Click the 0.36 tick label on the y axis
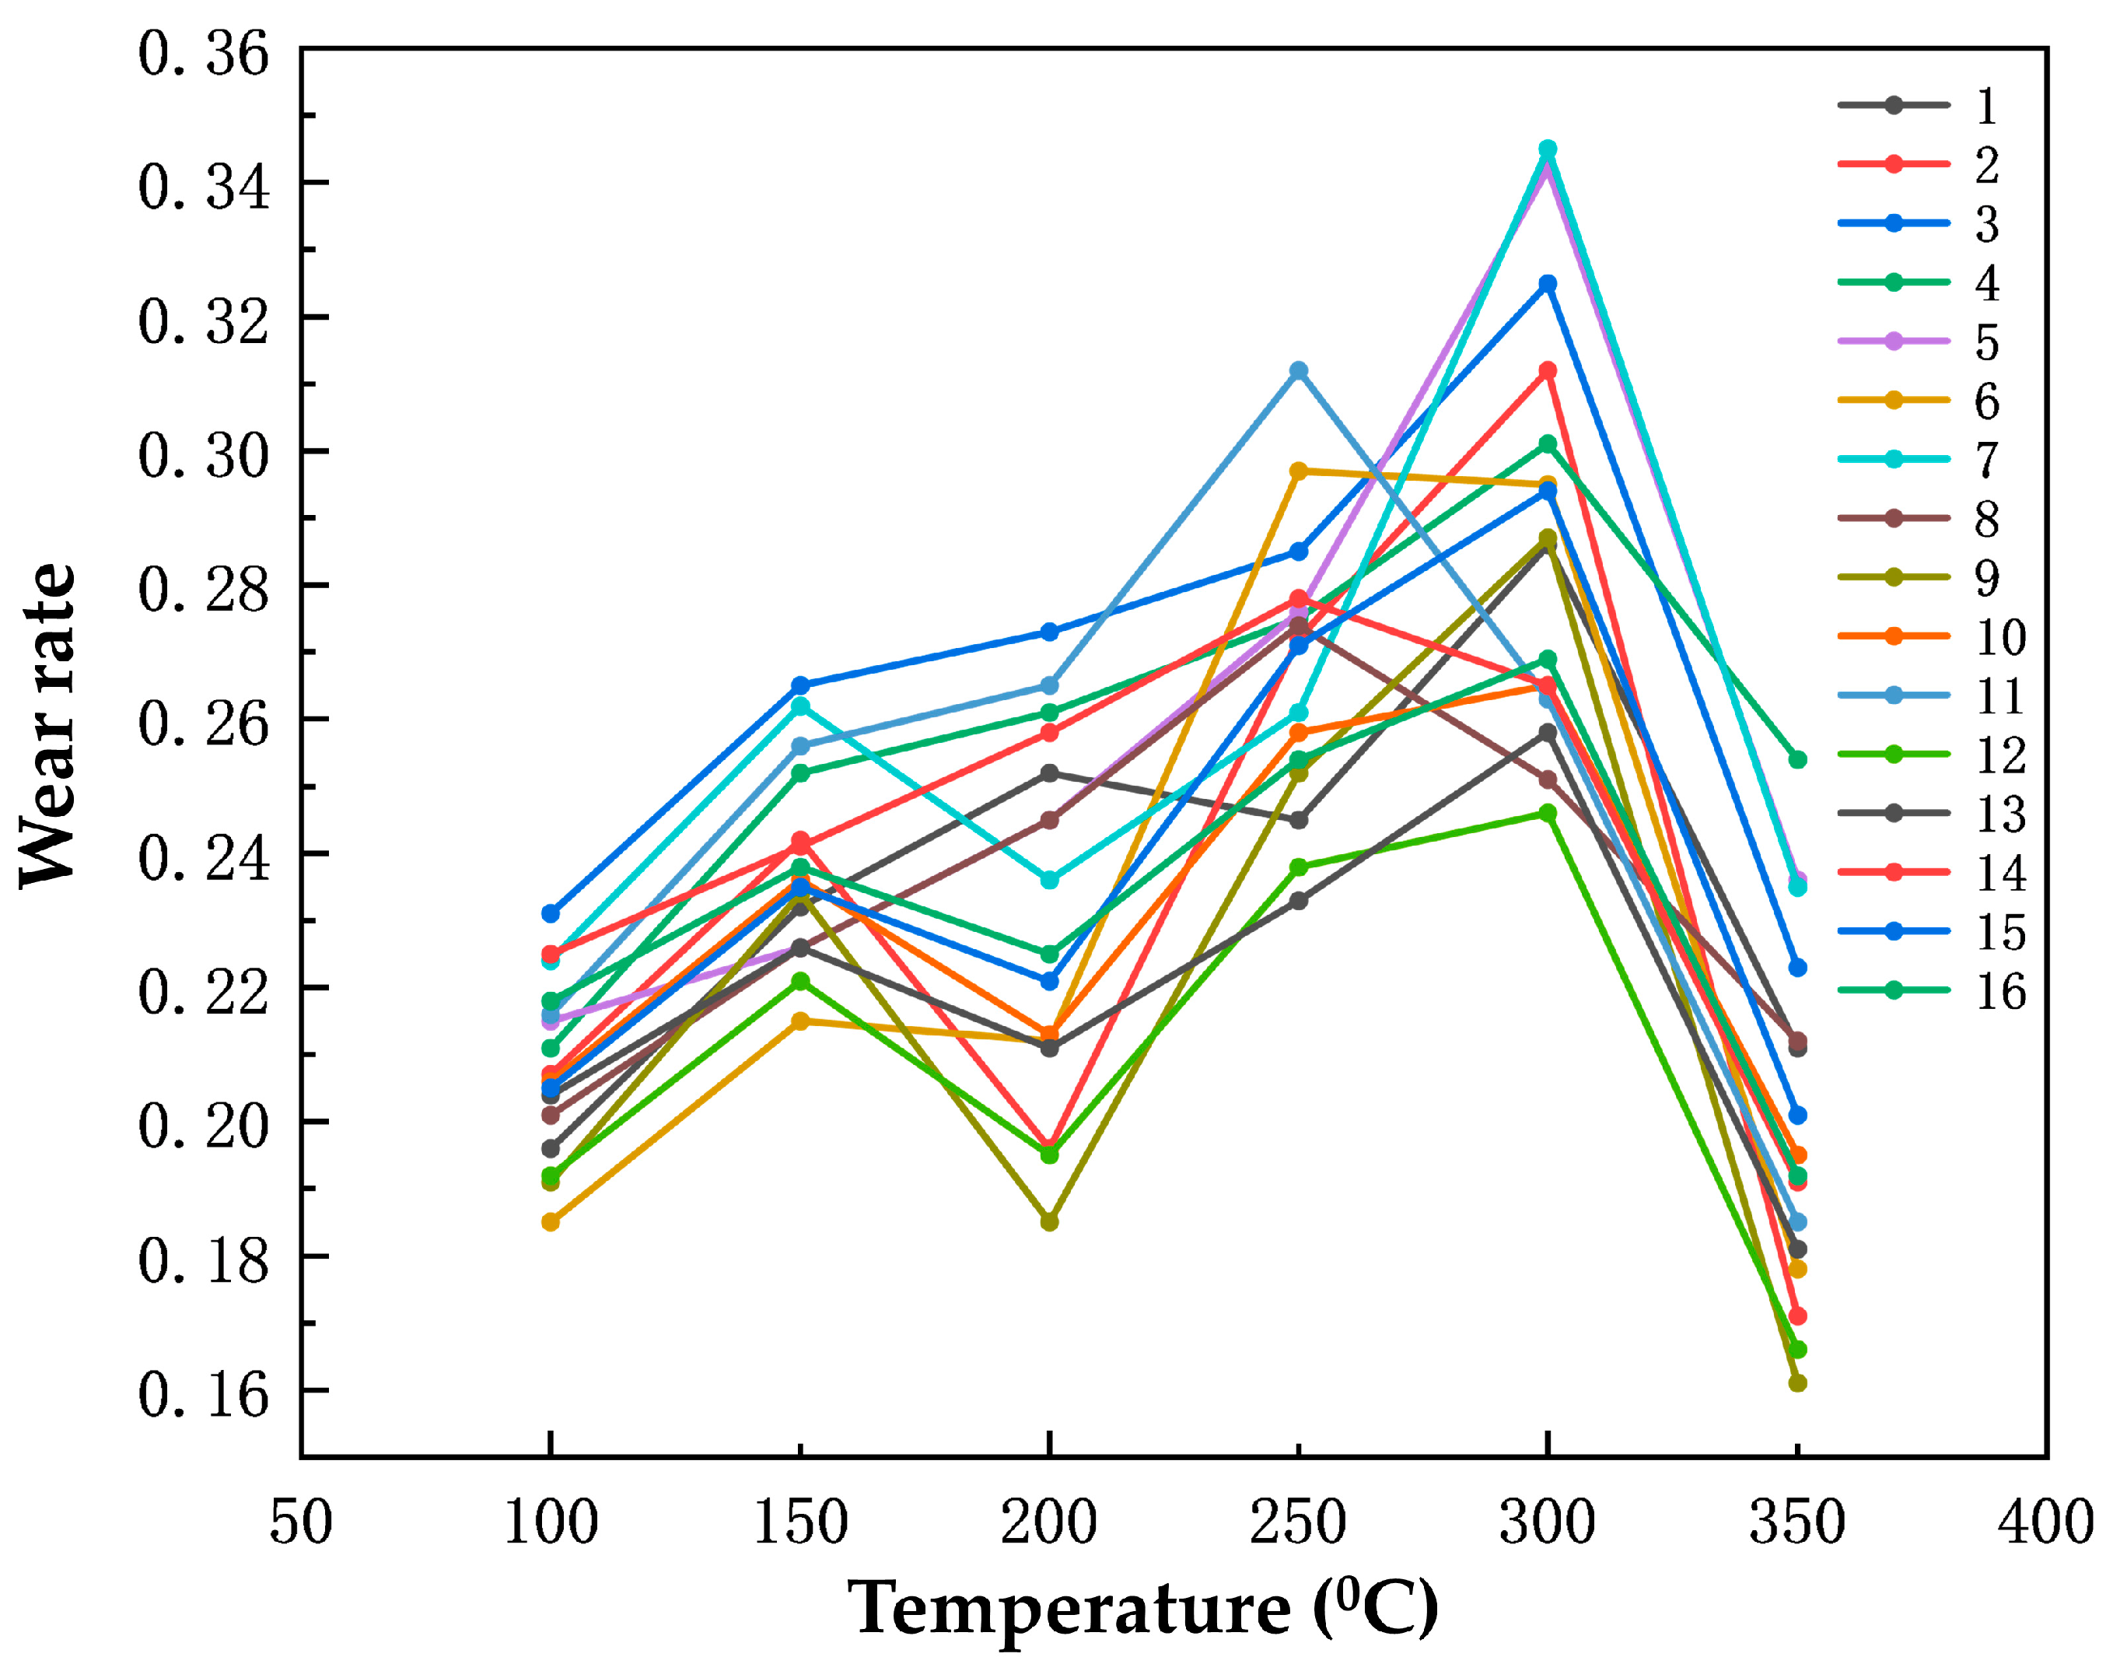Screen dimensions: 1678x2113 coord(203,54)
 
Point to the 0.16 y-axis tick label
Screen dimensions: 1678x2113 coord(203,1395)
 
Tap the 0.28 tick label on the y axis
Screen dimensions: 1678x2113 coord(203,590)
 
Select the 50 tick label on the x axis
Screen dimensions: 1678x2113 coord(301,1522)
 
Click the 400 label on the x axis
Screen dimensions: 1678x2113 coord(2046,1522)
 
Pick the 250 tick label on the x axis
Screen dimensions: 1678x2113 coord(1298,1522)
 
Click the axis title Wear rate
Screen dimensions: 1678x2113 coord(47,725)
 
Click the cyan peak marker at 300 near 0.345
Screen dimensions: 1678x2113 coord(1548,149)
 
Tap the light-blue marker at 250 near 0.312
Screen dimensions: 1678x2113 coord(1299,370)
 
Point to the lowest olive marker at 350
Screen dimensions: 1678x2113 coord(1797,1383)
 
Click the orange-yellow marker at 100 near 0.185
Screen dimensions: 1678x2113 coord(551,1222)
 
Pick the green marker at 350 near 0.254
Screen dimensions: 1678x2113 coord(1797,759)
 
